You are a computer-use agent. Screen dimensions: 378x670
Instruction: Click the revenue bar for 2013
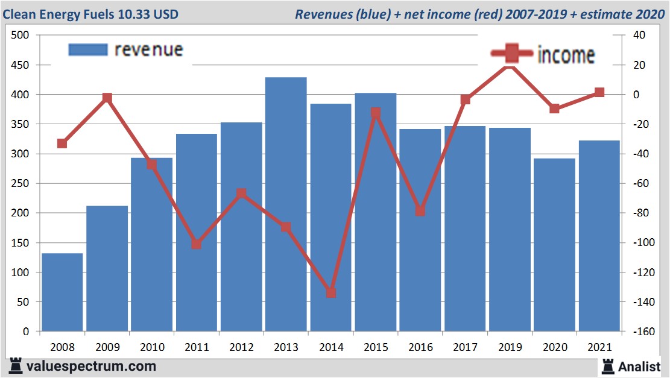(x=286, y=205)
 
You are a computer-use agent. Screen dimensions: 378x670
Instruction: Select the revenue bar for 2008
(x=62, y=292)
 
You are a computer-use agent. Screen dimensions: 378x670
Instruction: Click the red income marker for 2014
(x=330, y=292)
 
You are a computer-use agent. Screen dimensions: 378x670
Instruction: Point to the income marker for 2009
(x=107, y=98)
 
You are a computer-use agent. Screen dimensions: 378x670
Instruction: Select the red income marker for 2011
(x=197, y=244)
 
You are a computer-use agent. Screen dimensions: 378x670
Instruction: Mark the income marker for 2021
(x=599, y=92)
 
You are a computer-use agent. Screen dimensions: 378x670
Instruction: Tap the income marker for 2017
(x=465, y=99)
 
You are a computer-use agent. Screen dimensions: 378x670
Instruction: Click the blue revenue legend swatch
(x=88, y=49)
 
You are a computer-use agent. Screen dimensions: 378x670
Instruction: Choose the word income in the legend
(x=566, y=55)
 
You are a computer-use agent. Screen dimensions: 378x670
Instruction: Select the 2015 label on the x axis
(x=375, y=347)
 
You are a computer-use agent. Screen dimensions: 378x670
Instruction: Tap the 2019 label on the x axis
(x=510, y=347)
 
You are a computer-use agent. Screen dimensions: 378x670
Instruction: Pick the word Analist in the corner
(x=639, y=366)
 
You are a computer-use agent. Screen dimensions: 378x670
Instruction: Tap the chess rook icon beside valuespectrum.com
(x=15, y=365)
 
